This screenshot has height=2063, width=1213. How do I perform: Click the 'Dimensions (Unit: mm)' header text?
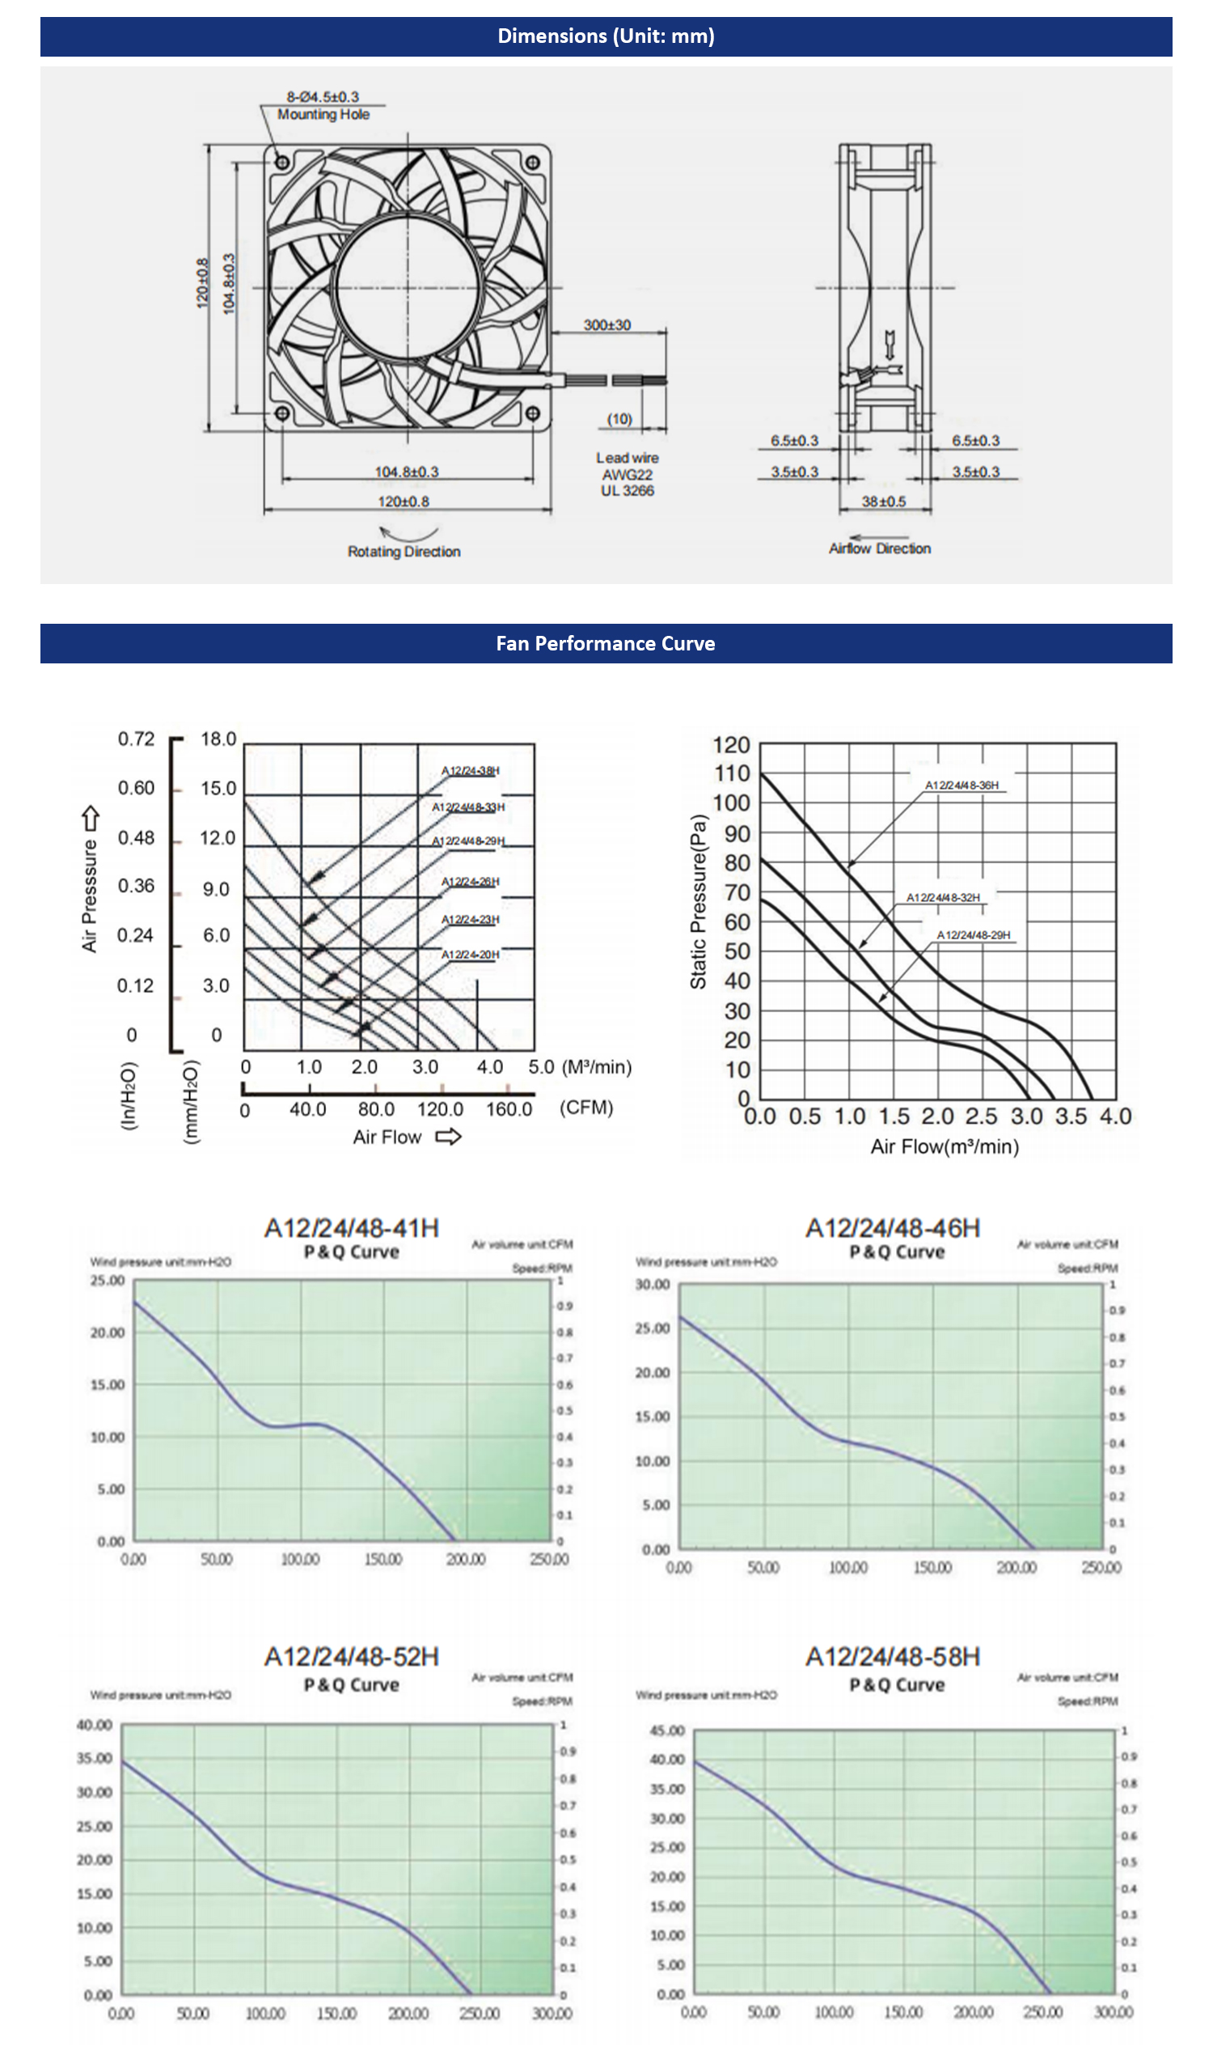606,36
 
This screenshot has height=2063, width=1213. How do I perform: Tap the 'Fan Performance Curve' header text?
606,643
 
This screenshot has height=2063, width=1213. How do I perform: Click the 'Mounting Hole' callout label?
323,115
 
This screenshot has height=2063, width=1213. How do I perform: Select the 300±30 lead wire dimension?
606,325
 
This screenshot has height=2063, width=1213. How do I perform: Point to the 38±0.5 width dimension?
883,501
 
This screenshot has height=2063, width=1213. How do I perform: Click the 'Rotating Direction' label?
404,552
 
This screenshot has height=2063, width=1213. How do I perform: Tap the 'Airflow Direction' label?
879,549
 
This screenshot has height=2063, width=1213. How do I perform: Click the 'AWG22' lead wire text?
627,475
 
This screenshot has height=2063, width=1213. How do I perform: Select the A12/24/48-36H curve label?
961,785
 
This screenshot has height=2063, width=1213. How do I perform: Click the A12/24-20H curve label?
470,955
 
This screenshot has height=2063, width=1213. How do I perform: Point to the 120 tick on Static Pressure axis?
731,745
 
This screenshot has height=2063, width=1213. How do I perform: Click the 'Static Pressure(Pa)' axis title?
698,901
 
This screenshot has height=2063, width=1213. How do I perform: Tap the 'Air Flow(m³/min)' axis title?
945,1146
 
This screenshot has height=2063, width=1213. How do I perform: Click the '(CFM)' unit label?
586,1108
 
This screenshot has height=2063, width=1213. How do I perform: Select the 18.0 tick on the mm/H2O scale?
218,739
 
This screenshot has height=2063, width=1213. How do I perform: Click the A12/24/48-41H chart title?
351,1228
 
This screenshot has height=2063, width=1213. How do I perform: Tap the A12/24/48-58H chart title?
892,1657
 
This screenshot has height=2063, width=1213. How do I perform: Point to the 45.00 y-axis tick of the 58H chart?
667,1730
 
